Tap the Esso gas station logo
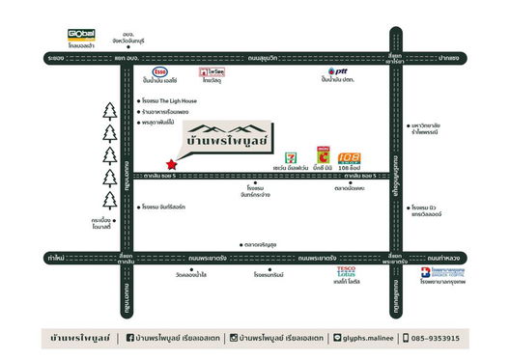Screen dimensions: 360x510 pos(161,72)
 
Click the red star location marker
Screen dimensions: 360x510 pos(172,163)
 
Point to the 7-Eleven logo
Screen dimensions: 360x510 pos(292,154)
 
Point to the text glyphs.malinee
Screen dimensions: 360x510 pos(371,338)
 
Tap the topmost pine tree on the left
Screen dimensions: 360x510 pos(109,110)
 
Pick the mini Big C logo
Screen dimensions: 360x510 pos(324,153)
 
